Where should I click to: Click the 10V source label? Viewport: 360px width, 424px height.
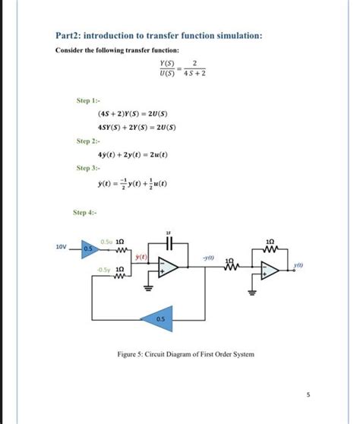pyautogui.click(x=61, y=247)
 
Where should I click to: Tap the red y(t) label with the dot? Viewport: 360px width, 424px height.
pyautogui.click(x=141, y=258)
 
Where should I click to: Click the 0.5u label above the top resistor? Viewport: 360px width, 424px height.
pyautogui.click(x=106, y=240)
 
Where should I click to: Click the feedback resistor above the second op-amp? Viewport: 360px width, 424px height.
pyautogui.click(x=271, y=247)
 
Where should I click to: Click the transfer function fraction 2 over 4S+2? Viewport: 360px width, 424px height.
pyautogui.click(x=196, y=68)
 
